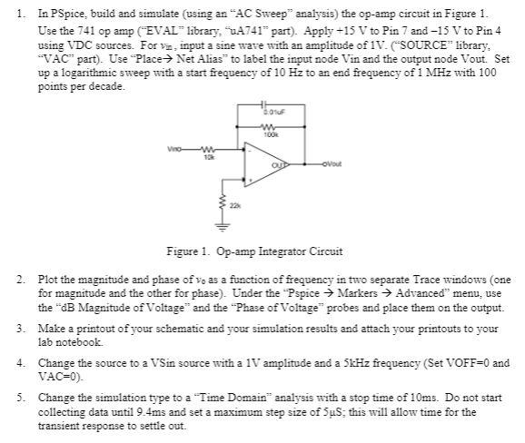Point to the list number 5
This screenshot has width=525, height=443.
click(23, 397)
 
